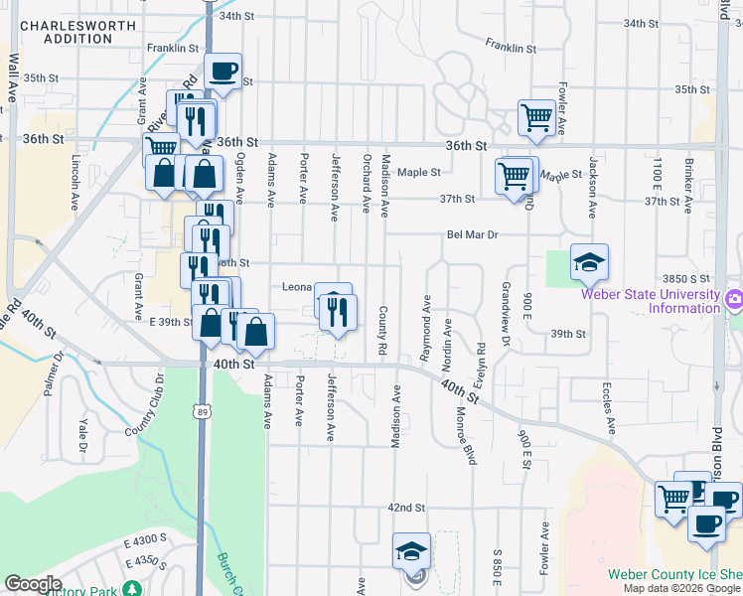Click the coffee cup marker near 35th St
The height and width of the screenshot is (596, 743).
223,72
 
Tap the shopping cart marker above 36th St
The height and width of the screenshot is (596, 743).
536,117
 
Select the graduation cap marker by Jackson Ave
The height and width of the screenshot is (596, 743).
589,263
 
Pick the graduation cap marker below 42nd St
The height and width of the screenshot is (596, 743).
411,552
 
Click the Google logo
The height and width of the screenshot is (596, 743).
33,584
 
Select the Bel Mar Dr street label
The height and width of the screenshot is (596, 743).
471,235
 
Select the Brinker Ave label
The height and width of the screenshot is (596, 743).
686,185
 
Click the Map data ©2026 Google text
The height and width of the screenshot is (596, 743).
681,588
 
